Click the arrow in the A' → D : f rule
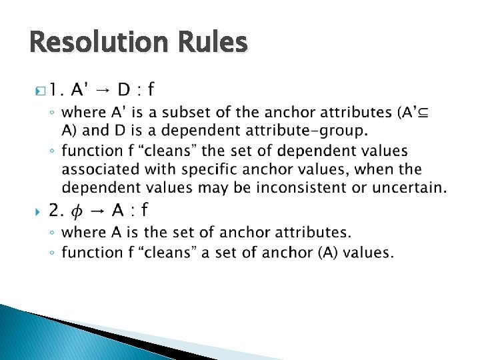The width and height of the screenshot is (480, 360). (x=103, y=89)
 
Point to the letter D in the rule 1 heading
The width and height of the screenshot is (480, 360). (x=124, y=89)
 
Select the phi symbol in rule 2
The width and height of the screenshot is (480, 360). (x=77, y=212)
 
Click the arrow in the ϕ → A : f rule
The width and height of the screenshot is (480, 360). (x=97, y=211)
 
